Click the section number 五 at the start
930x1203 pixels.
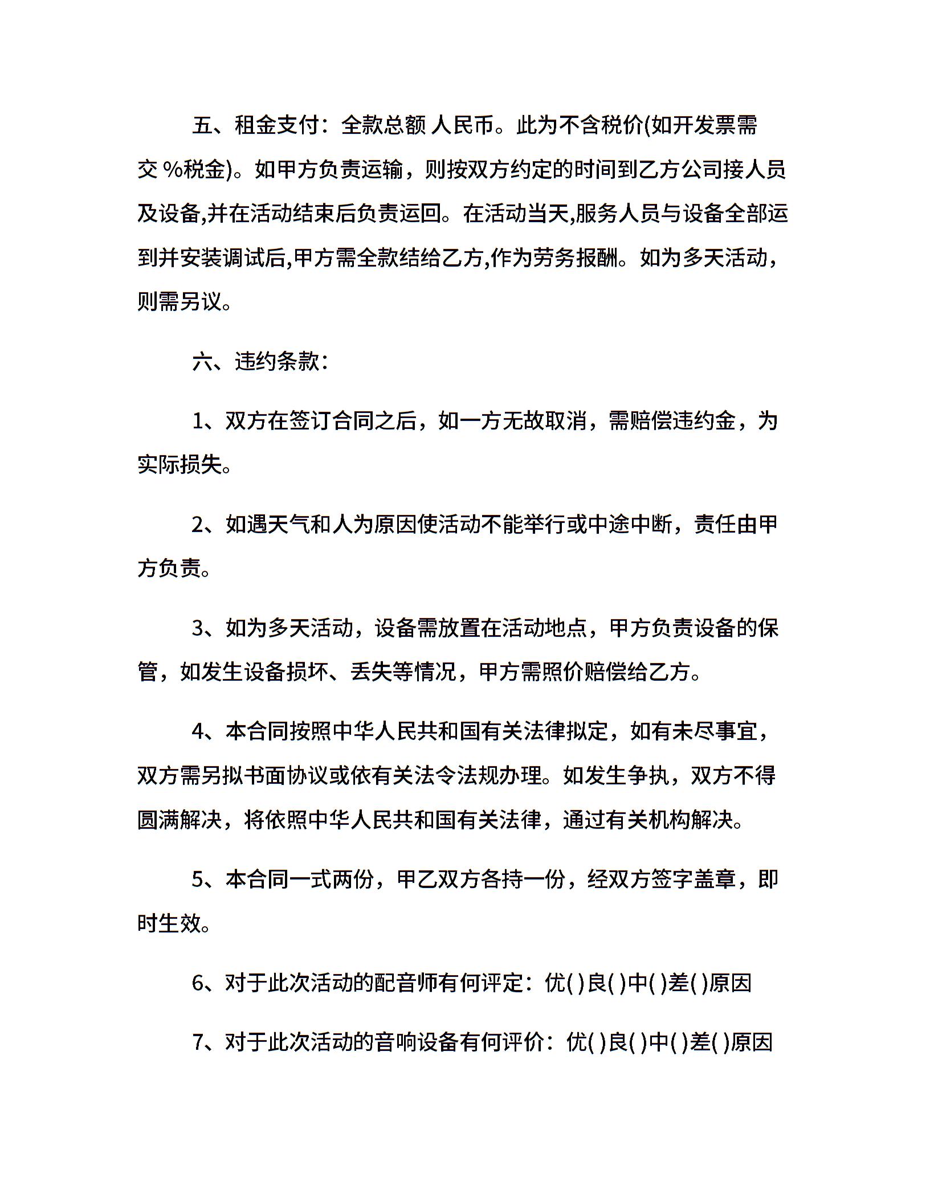tap(202, 125)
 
